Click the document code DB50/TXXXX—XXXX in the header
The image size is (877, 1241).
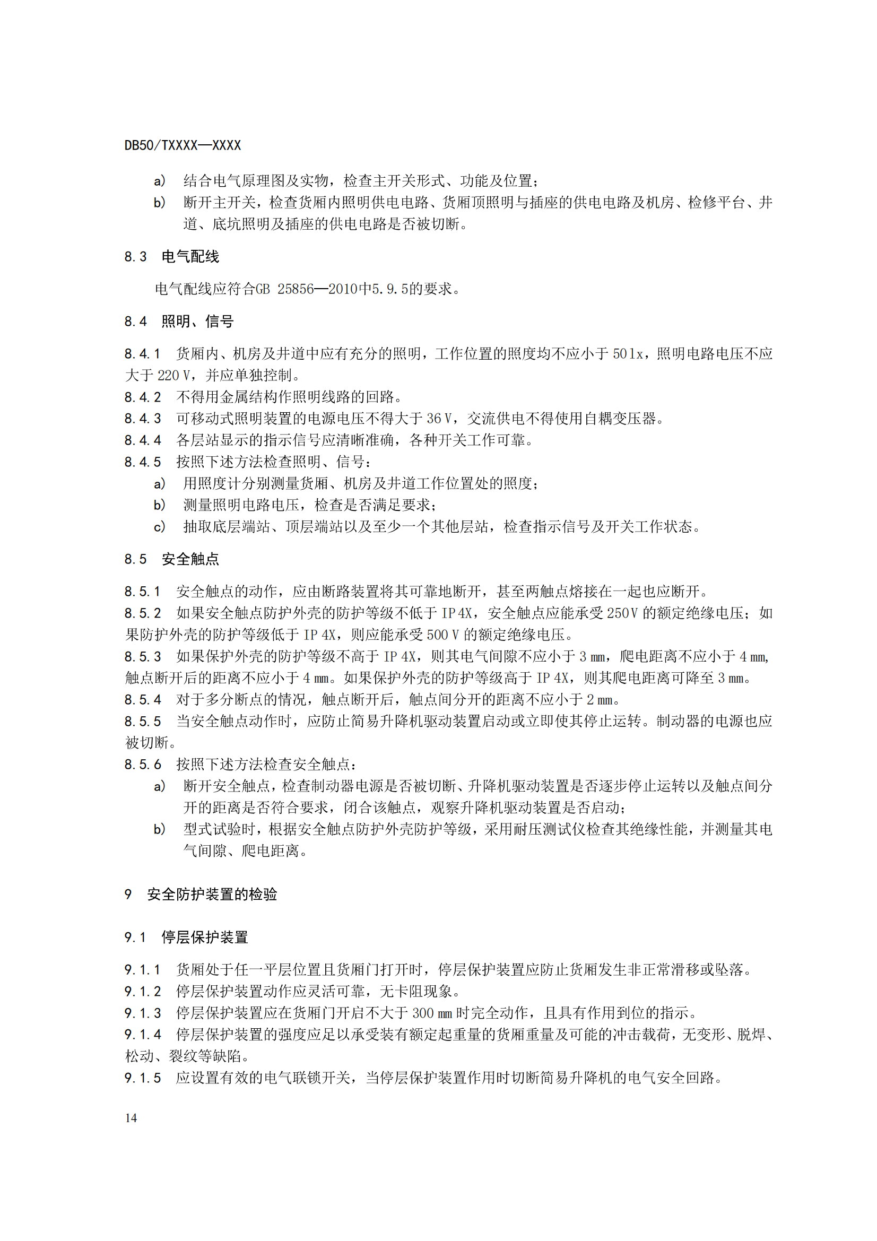pyautogui.click(x=183, y=145)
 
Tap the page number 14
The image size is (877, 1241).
pyautogui.click(x=131, y=1118)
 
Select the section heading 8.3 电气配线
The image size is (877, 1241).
pyautogui.click(x=172, y=257)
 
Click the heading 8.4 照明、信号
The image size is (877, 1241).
pyautogui.click(x=179, y=322)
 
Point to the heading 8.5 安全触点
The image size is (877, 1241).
pyautogui.click(x=172, y=559)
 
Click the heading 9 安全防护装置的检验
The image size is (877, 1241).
pyautogui.click(x=201, y=895)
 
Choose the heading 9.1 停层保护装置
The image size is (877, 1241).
pyautogui.click(x=186, y=937)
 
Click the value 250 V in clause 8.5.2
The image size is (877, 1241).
pyautogui.click(x=622, y=613)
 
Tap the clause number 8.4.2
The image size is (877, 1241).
pyautogui.click(x=143, y=397)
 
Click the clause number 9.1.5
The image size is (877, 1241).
pyautogui.click(x=143, y=1078)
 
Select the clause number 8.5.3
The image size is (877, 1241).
pyautogui.click(x=143, y=656)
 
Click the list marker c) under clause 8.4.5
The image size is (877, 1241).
pyautogui.click(x=159, y=526)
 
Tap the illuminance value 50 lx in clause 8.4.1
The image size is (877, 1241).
pyautogui.click(x=627, y=354)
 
